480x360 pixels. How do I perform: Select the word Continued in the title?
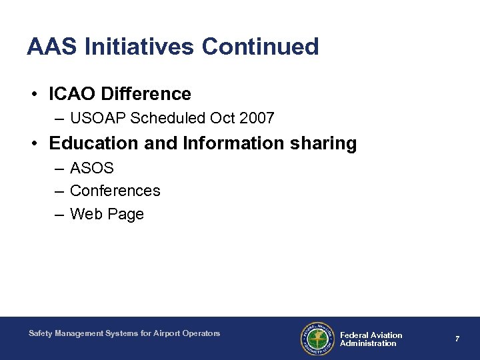pos(260,47)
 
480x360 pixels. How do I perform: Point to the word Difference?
pos(147,94)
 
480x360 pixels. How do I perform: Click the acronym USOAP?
pos(98,119)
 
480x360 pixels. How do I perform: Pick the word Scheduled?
pos(169,119)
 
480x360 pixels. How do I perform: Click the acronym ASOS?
pos(92,168)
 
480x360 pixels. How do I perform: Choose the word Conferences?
pos(115,191)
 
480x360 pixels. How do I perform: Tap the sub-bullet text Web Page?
pos(107,214)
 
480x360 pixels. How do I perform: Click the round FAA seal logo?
pos(317,339)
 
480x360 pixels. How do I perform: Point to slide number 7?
pos(457,339)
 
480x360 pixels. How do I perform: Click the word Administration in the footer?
pos(368,344)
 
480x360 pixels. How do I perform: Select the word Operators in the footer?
pos(199,333)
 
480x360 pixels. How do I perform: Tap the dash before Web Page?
pos(59,215)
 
